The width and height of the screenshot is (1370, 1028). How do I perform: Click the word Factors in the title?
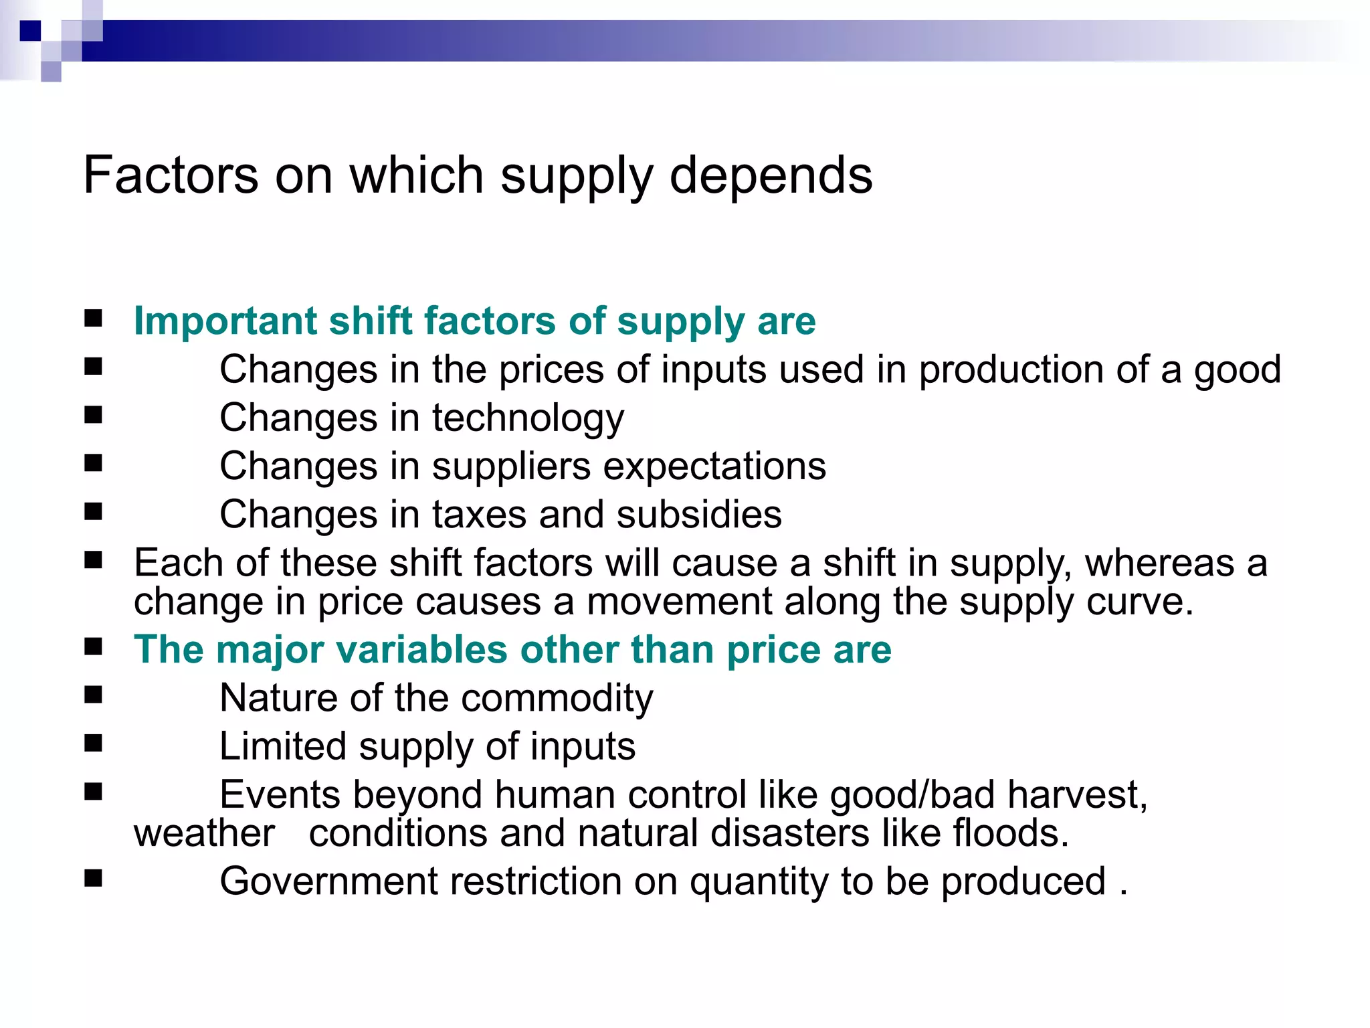point(171,175)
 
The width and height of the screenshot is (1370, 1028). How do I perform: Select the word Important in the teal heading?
point(225,321)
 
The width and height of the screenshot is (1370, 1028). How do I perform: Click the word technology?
point(528,419)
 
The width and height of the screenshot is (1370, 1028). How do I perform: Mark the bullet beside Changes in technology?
point(94,416)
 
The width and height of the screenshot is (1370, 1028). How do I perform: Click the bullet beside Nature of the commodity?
point(94,695)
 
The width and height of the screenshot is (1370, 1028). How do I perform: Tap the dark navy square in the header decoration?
point(30,31)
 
